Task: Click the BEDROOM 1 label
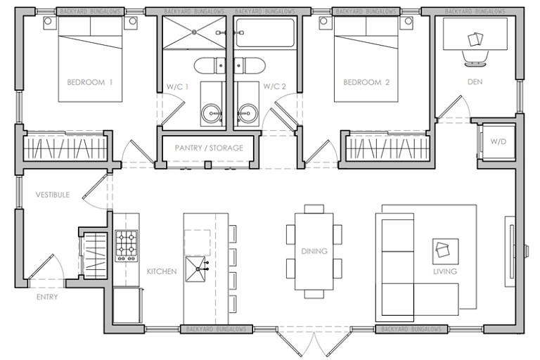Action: pyautogui.click(x=89, y=82)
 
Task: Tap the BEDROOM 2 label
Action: pyautogui.click(x=366, y=82)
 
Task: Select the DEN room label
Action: pyautogui.click(x=475, y=82)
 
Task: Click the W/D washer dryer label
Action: pyautogui.click(x=499, y=141)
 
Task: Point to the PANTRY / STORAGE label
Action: pyautogui.click(x=209, y=148)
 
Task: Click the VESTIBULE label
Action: pyautogui.click(x=53, y=195)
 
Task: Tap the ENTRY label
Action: pyautogui.click(x=47, y=297)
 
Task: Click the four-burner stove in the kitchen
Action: pyautogui.click(x=126, y=246)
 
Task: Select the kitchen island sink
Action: pyautogui.click(x=197, y=269)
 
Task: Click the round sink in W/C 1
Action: pyautogui.click(x=212, y=113)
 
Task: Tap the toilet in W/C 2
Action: pyautogui.click(x=250, y=65)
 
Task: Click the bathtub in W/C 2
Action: pyautogui.click(x=265, y=33)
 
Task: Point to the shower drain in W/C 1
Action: pyautogui.click(x=194, y=32)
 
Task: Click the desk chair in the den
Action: pyautogui.click(x=475, y=58)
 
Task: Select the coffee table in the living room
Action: pyautogui.click(x=445, y=252)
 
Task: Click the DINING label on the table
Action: pyautogui.click(x=314, y=251)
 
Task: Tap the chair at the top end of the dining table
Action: pyautogui.click(x=314, y=209)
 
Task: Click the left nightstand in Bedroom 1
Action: pyautogui.click(x=48, y=22)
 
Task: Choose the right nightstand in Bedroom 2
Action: pyautogui.click(x=408, y=22)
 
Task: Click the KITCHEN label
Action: pyautogui.click(x=162, y=271)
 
